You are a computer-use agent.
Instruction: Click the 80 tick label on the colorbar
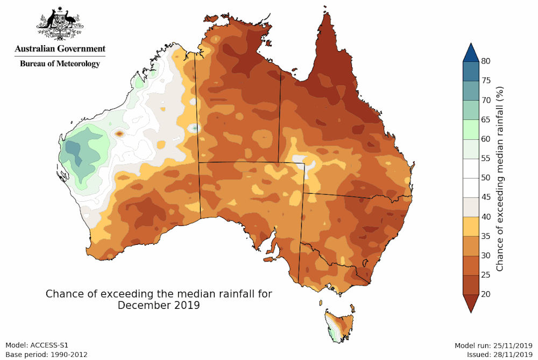click(486, 61)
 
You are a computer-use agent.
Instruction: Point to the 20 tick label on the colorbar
click(486, 294)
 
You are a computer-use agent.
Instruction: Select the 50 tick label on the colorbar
click(486, 178)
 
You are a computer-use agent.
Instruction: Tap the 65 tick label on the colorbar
click(486, 119)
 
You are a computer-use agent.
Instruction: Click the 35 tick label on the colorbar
click(486, 236)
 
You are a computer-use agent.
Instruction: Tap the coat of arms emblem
click(60, 25)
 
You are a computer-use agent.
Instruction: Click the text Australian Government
click(60, 48)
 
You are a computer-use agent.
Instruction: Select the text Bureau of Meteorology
click(60, 63)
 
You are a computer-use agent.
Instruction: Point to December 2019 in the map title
click(159, 306)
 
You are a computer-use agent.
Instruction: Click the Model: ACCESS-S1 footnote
click(37, 345)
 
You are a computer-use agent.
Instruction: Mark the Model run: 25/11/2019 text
click(494, 345)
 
